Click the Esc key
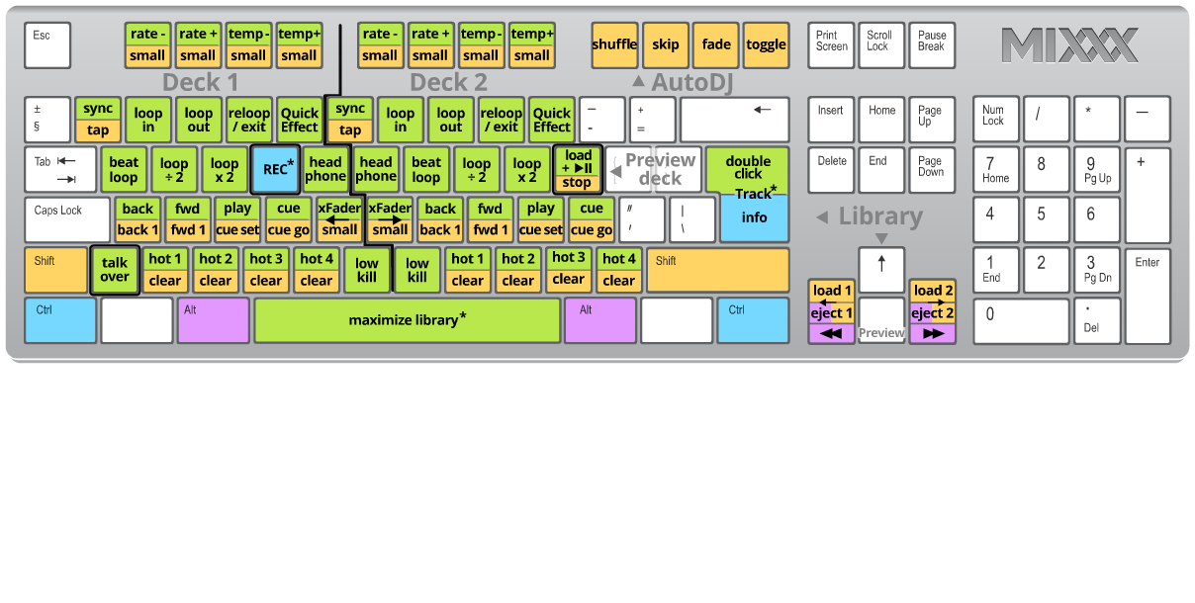(47, 45)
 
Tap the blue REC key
(275, 169)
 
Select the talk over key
(114, 270)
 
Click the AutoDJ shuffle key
(614, 45)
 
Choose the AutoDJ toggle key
(766, 45)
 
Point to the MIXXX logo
(1069, 45)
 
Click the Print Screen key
(831, 45)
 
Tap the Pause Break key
(931, 45)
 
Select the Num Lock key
(996, 119)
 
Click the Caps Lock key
(67, 219)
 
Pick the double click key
(748, 168)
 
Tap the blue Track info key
(754, 217)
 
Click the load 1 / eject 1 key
(832, 302)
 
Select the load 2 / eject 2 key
(933, 302)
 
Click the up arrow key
(881, 270)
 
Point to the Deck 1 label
(201, 82)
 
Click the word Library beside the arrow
(880, 216)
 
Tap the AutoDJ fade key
(716, 45)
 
